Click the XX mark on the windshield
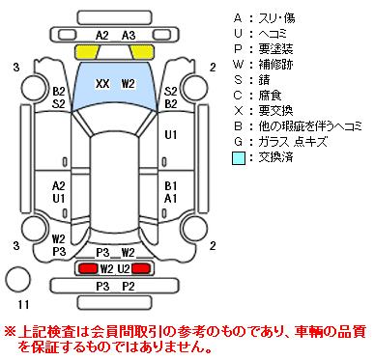[x=102, y=84]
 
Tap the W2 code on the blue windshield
[x=128, y=84]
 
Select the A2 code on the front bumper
[x=102, y=36]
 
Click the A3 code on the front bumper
[x=129, y=36]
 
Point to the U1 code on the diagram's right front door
[x=171, y=135]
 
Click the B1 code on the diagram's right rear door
[x=171, y=186]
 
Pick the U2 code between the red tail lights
[x=124, y=268]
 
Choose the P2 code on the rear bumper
[x=129, y=286]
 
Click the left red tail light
[x=88, y=268]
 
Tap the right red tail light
[x=141, y=268]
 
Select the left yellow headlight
[x=87, y=52]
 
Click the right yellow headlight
[x=141, y=52]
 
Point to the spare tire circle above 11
[x=18, y=279]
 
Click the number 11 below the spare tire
[x=23, y=304]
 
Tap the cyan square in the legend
[x=239, y=158]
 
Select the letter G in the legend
[x=238, y=142]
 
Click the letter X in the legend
[x=238, y=111]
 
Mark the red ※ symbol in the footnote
[x=10, y=332]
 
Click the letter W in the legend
[x=238, y=65]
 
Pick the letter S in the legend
[x=238, y=80]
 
